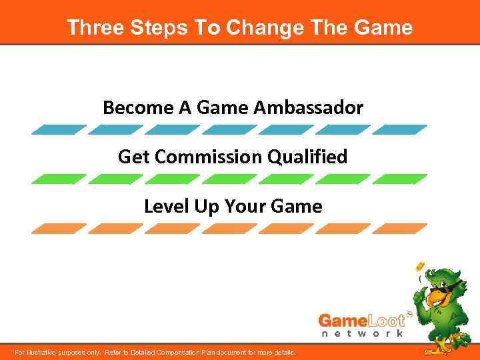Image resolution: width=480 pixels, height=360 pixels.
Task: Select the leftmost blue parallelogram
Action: pyautogui.click(x=59, y=129)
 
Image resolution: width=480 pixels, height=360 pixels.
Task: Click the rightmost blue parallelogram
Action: pyautogui.click(x=399, y=129)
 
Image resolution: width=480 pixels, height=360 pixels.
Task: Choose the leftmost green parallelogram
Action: pyautogui.click(x=59, y=179)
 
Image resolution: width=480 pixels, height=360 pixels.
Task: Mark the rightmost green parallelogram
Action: pyautogui.click(x=399, y=179)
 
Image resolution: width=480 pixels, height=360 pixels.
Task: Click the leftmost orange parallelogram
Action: pyautogui.click(x=59, y=229)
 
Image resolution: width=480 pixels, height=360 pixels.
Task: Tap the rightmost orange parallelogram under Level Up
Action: pyautogui.click(x=399, y=229)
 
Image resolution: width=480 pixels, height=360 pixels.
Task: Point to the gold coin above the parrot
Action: pyautogui.click(x=420, y=266)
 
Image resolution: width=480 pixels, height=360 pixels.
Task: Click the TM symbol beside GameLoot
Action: pyautogui.click(x=409, y=313)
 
